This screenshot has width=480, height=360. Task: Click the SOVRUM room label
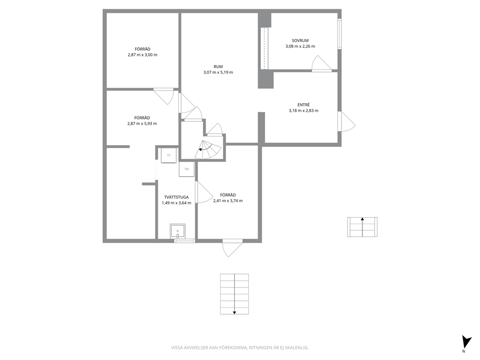point(300,41)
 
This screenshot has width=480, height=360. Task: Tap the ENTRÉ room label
point(303,105)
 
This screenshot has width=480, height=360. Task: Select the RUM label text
point(218,66)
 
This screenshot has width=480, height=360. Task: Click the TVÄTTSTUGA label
point(176,197)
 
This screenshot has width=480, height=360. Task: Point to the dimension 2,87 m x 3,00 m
point(142,55)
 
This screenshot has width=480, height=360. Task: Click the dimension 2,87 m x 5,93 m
point(142,124)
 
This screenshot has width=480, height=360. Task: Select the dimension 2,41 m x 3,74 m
point(228,201)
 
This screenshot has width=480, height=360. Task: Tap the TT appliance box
point(169,155)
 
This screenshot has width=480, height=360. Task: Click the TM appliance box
point(186,169)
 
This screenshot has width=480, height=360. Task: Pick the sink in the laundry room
point(178,231)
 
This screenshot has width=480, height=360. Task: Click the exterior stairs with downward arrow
point(235,294)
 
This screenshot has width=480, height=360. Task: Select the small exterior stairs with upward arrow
point(362,227)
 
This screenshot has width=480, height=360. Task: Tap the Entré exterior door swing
point(347,121)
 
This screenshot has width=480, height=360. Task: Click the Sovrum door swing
point(322,63)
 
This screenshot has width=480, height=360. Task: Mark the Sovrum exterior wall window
point(340,34)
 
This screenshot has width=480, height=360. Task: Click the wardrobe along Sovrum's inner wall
point(264,48)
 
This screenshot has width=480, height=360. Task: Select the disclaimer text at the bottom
point(240,348)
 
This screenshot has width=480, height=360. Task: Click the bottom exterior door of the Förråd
point(232,248)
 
